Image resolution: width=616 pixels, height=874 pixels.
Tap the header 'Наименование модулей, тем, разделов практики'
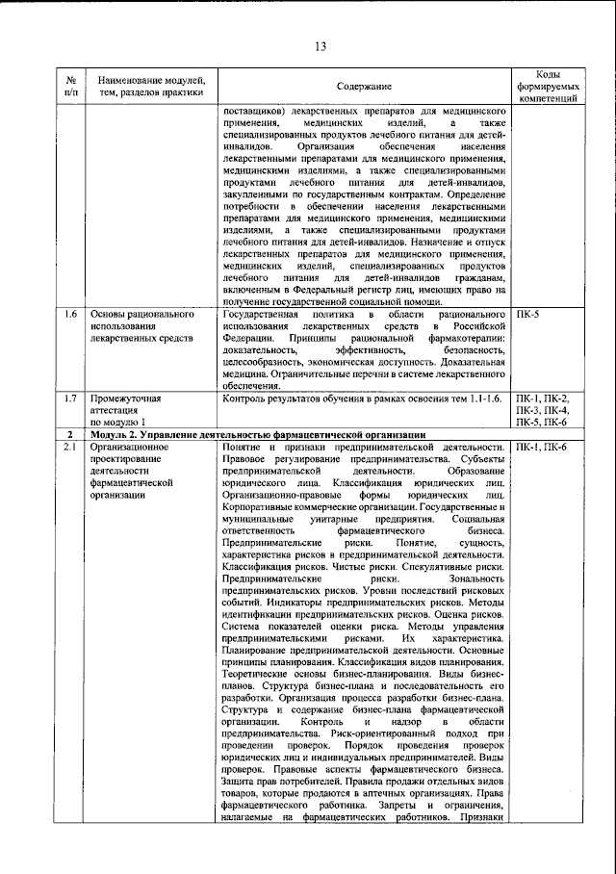click(x=144, y=86)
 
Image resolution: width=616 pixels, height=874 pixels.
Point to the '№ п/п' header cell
click(x=71, y=86)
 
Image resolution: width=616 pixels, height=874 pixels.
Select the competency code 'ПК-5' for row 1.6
click(x=528, y=315)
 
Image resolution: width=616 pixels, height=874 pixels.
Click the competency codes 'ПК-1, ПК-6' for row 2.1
click(x=542, y=448)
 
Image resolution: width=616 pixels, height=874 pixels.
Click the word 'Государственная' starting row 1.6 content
click(x=261, y=315)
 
